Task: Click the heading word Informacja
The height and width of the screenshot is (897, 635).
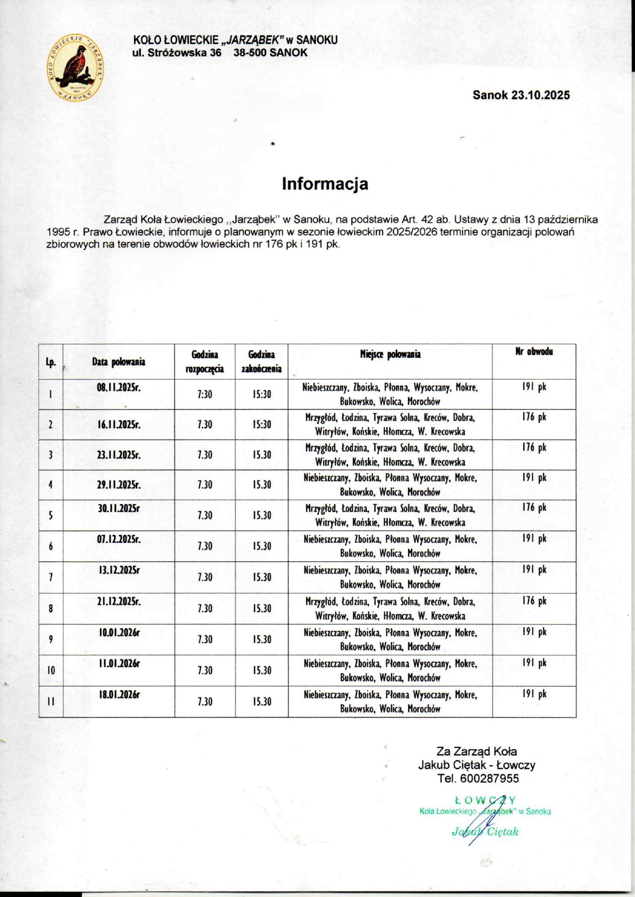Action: pos(325,184)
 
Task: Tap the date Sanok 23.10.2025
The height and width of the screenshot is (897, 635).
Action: pos(521,95)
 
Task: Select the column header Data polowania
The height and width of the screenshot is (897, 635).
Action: pos(118,362)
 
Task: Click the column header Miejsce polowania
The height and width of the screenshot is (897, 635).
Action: pos(390,354)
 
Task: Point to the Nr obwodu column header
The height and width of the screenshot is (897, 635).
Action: pos(534,352)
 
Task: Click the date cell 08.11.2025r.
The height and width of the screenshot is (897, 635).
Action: pos(118,387)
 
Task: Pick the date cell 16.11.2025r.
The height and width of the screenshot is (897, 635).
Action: pos(118,424)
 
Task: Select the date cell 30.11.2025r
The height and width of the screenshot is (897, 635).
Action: pos(118,508)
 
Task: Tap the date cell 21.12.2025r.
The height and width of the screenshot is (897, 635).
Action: pos(118,601)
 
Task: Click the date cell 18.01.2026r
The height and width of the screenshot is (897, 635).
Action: pos(119,694)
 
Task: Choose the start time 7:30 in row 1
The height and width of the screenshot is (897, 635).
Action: pos(205,395)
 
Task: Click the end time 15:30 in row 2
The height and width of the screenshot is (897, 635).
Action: pos(262,424)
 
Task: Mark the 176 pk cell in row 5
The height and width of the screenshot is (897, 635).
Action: pos(534,508)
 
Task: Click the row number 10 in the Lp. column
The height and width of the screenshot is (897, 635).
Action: pos(51,670)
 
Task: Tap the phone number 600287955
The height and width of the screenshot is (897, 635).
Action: pos(489,778)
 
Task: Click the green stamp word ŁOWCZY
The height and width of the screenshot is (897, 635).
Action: pos(484,800)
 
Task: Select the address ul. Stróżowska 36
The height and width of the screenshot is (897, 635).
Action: pos(177,53)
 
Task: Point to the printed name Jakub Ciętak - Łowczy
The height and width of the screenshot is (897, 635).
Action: pos(476,765)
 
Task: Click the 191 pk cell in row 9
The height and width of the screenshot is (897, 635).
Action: pos(534,632)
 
